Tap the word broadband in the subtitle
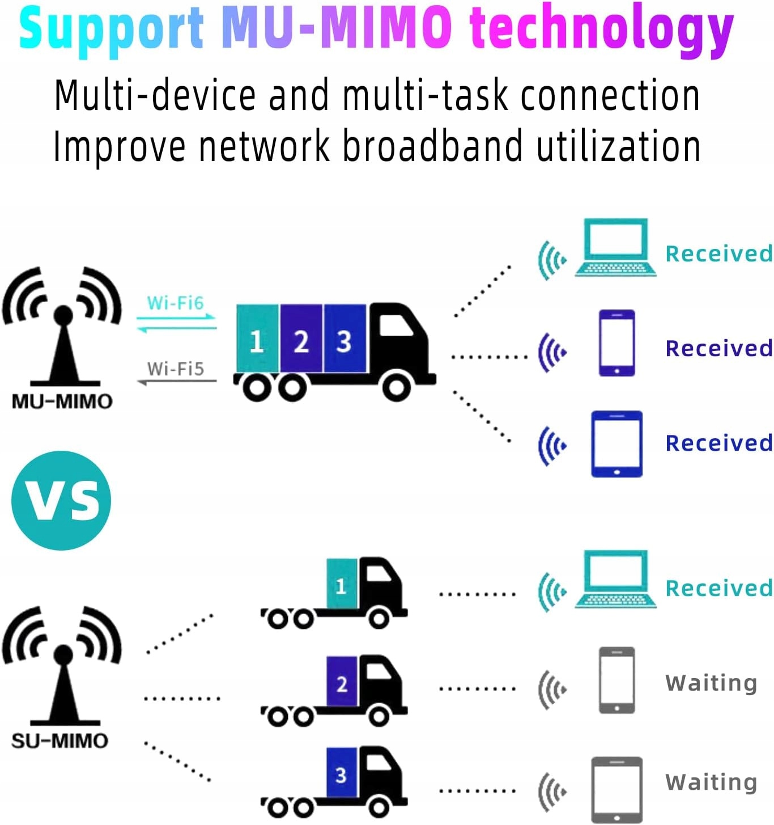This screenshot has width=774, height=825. click(432, 146)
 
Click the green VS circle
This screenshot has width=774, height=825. click(61, 500)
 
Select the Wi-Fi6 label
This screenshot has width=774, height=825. click(175, 303)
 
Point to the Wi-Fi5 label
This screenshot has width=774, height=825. click(175, 369)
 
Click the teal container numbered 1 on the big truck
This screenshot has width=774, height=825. click(257, 339)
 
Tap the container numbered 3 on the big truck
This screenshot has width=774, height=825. click(345, 339)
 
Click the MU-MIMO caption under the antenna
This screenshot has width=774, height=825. click(62, 401)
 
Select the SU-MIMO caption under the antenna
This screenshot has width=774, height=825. click(59, 741)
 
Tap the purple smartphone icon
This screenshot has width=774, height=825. click(616, 343)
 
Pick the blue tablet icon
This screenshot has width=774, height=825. click(616, 444)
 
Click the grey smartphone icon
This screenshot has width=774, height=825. click(616, 680)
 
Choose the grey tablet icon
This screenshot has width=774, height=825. click(616, 789)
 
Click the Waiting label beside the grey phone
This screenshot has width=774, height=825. click(711, 683)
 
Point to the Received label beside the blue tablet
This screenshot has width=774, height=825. click(718, 443)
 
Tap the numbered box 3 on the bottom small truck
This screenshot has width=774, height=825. click(341, 775)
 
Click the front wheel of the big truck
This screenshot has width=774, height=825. click(396, 388)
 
